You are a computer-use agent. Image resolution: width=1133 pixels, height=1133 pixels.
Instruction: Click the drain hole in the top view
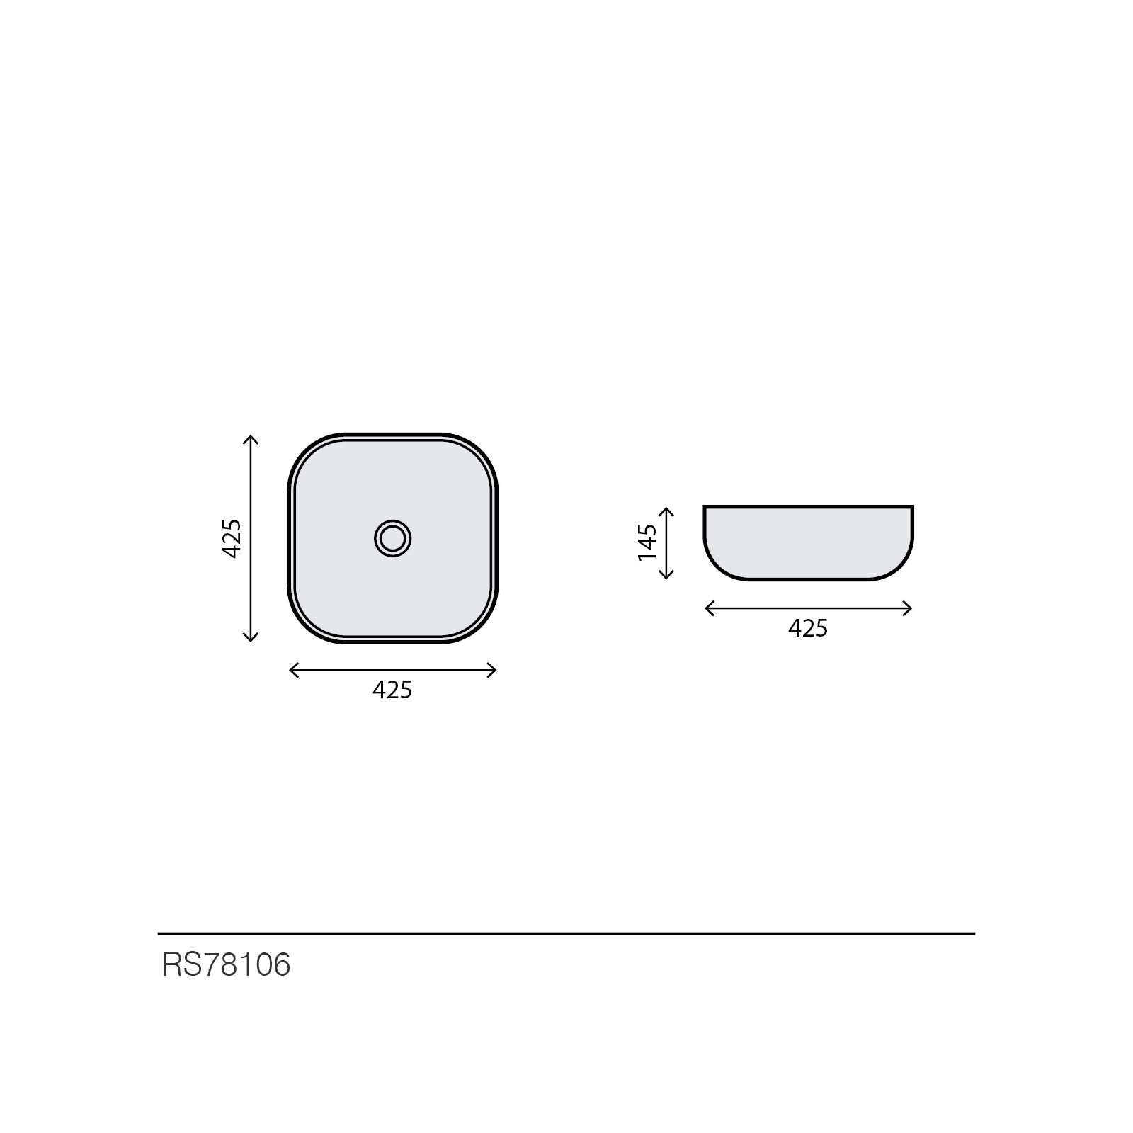(x=393, y=539)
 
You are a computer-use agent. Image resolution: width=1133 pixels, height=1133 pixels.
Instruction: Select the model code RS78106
(x=227, y=964)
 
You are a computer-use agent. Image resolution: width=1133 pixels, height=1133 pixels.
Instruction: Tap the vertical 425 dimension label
(x=232, y=539)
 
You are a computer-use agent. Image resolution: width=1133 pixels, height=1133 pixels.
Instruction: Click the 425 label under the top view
(x=392, y=690)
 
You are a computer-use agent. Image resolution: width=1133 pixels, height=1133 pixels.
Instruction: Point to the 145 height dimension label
(x=647, y=542)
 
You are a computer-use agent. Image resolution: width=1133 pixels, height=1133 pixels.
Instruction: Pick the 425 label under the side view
(x=808, y=628)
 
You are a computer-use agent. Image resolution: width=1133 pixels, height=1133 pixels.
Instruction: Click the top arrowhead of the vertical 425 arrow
(x=250, y=439)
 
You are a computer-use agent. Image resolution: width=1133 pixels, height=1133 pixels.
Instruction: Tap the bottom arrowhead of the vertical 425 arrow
(x=250, y=637)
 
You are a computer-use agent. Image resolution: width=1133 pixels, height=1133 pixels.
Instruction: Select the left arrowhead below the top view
(x=295, y=670)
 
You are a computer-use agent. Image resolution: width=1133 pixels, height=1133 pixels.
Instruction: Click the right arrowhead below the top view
(x=491, y=670)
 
